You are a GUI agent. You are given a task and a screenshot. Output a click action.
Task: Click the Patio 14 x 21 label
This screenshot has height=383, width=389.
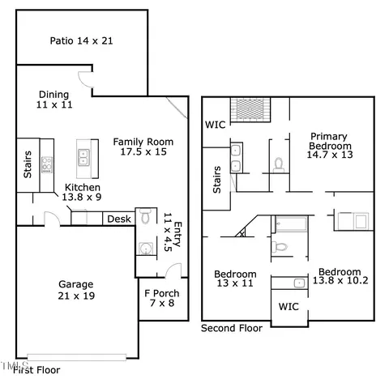pyautogui.click(x=81, y=40)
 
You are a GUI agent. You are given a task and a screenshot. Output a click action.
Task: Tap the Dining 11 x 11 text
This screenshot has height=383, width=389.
pyautogui.click(x=54, y=100)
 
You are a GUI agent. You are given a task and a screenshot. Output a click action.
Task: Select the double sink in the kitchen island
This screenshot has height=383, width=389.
pyautogui.click(x=83, y=158)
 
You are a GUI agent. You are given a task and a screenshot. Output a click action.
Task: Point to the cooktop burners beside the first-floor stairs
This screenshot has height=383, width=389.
pyautogui.click(x=47, y=164)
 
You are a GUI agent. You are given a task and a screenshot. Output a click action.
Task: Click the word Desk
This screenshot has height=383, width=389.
pyautogui.click(x=119, y=219)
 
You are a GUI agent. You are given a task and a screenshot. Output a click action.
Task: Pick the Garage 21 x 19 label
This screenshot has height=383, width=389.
pyautogui.click(x=76, y=290)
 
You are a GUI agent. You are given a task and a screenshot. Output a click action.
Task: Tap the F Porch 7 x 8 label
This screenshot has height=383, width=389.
pyautogui.click(x=162, y=298)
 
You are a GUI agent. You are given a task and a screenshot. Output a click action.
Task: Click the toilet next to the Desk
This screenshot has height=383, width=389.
pyautogui.click(x=146, y=215)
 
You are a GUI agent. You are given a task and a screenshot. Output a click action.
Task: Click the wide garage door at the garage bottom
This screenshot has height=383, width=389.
pyautogui.click(x=77, y=357)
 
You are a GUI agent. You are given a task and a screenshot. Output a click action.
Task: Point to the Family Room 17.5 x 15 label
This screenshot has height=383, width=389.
pyautogui.click(x=143, y=147)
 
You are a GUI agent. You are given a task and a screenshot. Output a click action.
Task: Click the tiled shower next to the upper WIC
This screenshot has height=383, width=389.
pyautogui.click(x=250, y=110)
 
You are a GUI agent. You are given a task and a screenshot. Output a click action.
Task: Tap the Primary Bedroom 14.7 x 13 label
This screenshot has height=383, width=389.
pyautogui.click(x=330, y=145)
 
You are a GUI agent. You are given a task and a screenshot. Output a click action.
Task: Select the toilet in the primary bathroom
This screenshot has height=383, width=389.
pyautogui.click(x=279, y=165)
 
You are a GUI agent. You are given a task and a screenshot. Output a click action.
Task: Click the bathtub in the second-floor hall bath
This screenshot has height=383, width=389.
pyautogui.click(x=291, y=223)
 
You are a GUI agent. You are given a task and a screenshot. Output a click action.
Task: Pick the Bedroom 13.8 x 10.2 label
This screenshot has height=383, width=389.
pyautogui.click(x=340, y=276)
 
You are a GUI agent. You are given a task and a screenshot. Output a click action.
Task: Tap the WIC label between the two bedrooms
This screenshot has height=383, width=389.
pyautogui.click(x=289, y=307)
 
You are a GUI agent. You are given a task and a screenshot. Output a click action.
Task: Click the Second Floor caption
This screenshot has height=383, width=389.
pyautogui.click(x=232, y=328)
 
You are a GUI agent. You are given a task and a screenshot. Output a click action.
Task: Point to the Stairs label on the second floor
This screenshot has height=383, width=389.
pyautogui.click(x=217, y=180)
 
